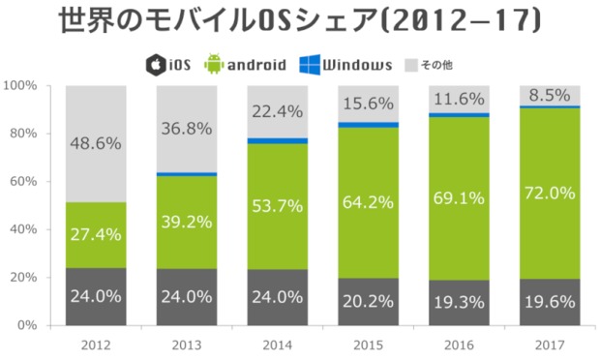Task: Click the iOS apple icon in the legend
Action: [x=153, y=65]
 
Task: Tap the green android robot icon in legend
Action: [x=212, y=65]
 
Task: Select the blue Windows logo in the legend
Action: [x=310, y=65]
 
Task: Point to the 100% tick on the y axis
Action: [x=20, y=85]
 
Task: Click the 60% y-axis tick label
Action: [x=23, y=181]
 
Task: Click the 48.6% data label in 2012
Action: [x=95, y=143]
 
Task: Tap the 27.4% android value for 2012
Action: [x=95, y=235]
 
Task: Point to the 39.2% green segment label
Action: [x=186, y=222]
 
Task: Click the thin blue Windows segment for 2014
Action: [x=277, y=140]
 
